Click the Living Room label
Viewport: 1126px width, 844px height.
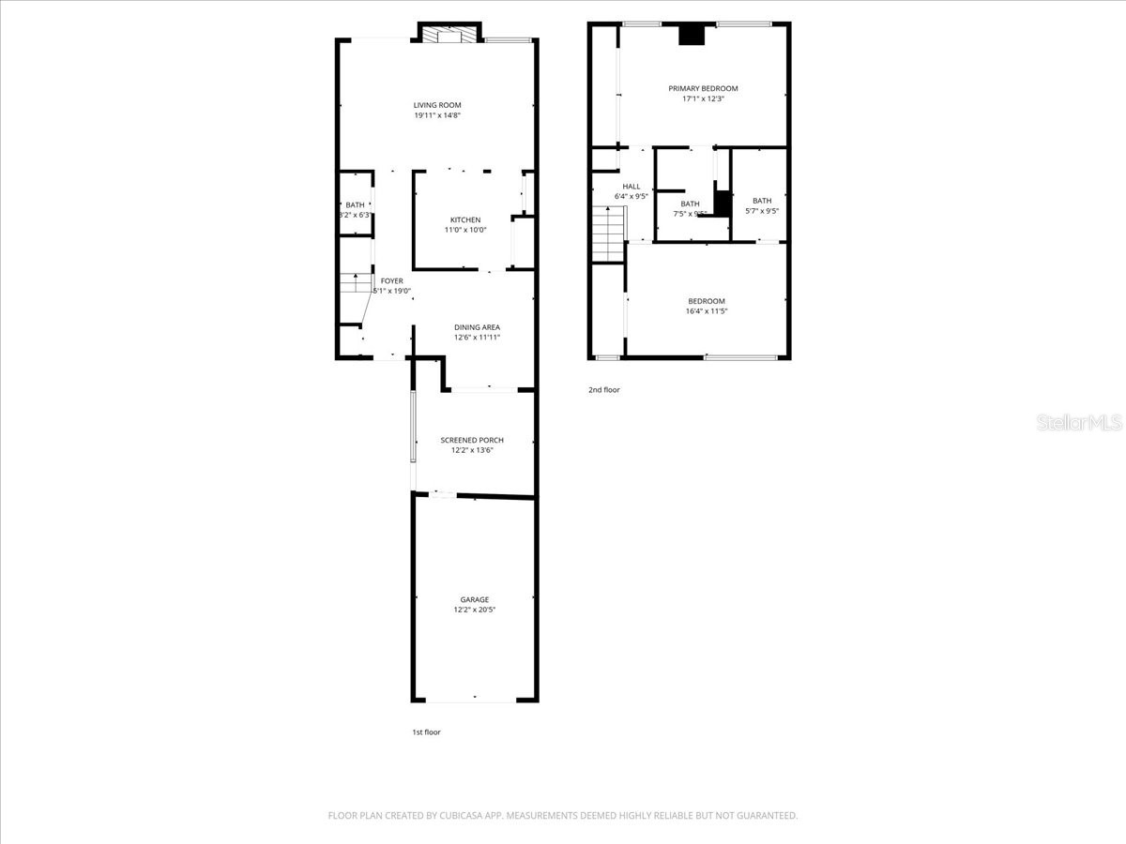pos(437,105)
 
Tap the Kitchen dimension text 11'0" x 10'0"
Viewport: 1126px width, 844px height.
pos(465,230)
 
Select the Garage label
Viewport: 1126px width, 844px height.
pos(474,599)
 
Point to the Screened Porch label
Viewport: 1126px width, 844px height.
pos(472,440)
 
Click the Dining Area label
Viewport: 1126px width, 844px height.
pos(478,327)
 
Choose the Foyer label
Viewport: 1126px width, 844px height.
pos(391,280)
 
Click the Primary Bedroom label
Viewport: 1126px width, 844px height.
pos(703,88)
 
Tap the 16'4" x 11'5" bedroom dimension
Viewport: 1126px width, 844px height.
pos(706,311)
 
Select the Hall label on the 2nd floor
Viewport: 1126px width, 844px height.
pos(631,186)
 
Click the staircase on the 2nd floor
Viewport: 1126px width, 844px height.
pos(608,234)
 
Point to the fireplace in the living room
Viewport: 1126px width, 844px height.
pos(448,36)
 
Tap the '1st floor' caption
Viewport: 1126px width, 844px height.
pos(425,732)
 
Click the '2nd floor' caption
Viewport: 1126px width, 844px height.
pos(603,390)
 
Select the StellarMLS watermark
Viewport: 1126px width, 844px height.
pos(1078,423)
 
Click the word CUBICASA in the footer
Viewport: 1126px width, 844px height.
pos(460,816)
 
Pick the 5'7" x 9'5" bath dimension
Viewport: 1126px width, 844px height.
pos(761,211)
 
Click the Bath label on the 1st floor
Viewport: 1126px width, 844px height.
pos(355,204)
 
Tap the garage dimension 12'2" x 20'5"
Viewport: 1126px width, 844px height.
pos(474,610)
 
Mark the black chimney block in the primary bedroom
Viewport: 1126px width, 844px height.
pos(692,34)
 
